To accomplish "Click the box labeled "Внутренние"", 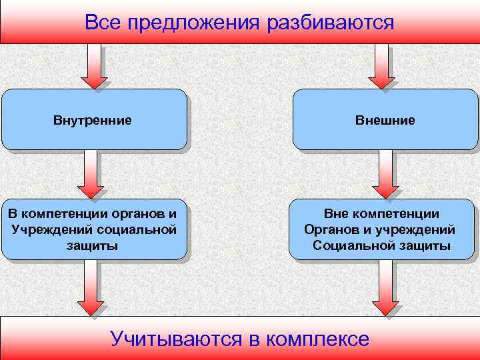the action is (x=93, y=120).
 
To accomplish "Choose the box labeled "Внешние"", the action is (x=385, y=120).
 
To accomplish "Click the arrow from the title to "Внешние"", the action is (x=381, y=67).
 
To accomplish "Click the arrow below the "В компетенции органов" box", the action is (x=91, y=287).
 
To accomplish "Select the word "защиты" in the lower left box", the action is (x=93, y=246).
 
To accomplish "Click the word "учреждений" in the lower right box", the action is (x=419, y=230).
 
